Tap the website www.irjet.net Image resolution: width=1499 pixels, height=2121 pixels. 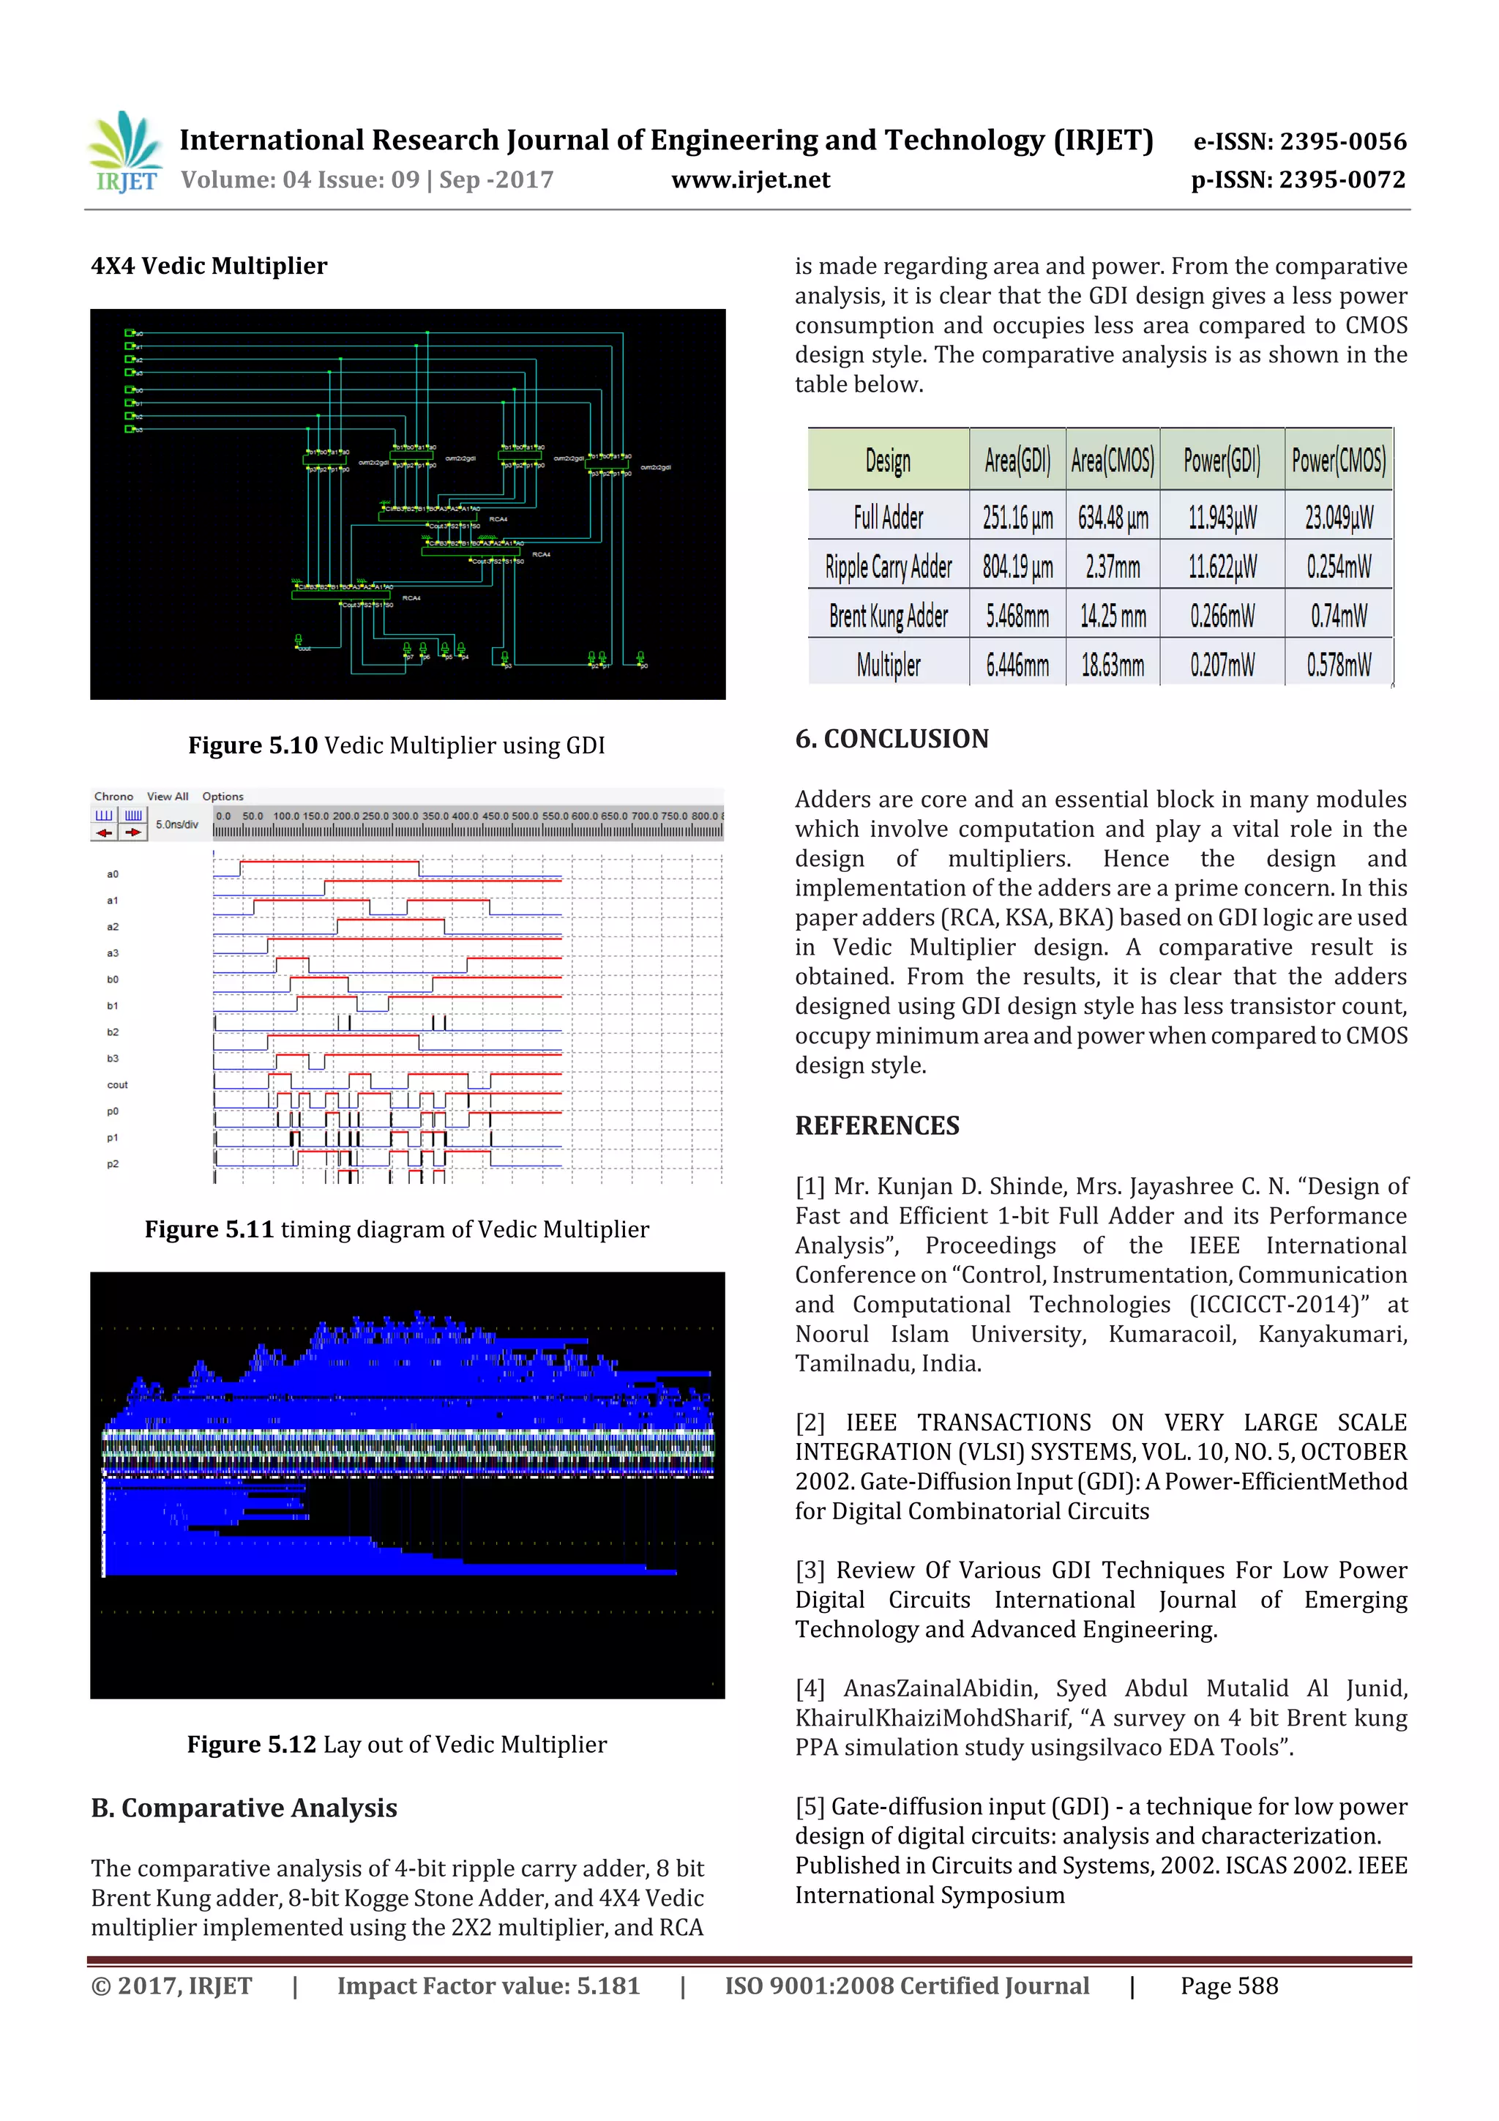point(750,180)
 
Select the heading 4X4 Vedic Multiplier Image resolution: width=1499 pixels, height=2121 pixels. point(209,266)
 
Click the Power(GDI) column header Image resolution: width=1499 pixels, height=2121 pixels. point(1221,460)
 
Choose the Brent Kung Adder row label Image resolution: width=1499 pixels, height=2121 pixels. point(888,615)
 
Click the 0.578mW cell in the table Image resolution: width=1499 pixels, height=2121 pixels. point(1337,664)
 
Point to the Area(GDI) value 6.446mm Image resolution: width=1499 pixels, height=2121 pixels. point(1017,664)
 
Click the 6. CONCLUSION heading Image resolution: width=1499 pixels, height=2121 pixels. point(891,739)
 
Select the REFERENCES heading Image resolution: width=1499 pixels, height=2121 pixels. point(877,1125)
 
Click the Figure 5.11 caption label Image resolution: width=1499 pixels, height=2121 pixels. point(209,1229)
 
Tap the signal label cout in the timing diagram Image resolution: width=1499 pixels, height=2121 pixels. point(117,1084)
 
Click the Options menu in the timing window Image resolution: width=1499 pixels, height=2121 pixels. point(223,797)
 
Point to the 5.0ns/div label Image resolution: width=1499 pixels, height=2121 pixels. point(176,824)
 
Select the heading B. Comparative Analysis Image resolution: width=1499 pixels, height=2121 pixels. point(244,1808)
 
